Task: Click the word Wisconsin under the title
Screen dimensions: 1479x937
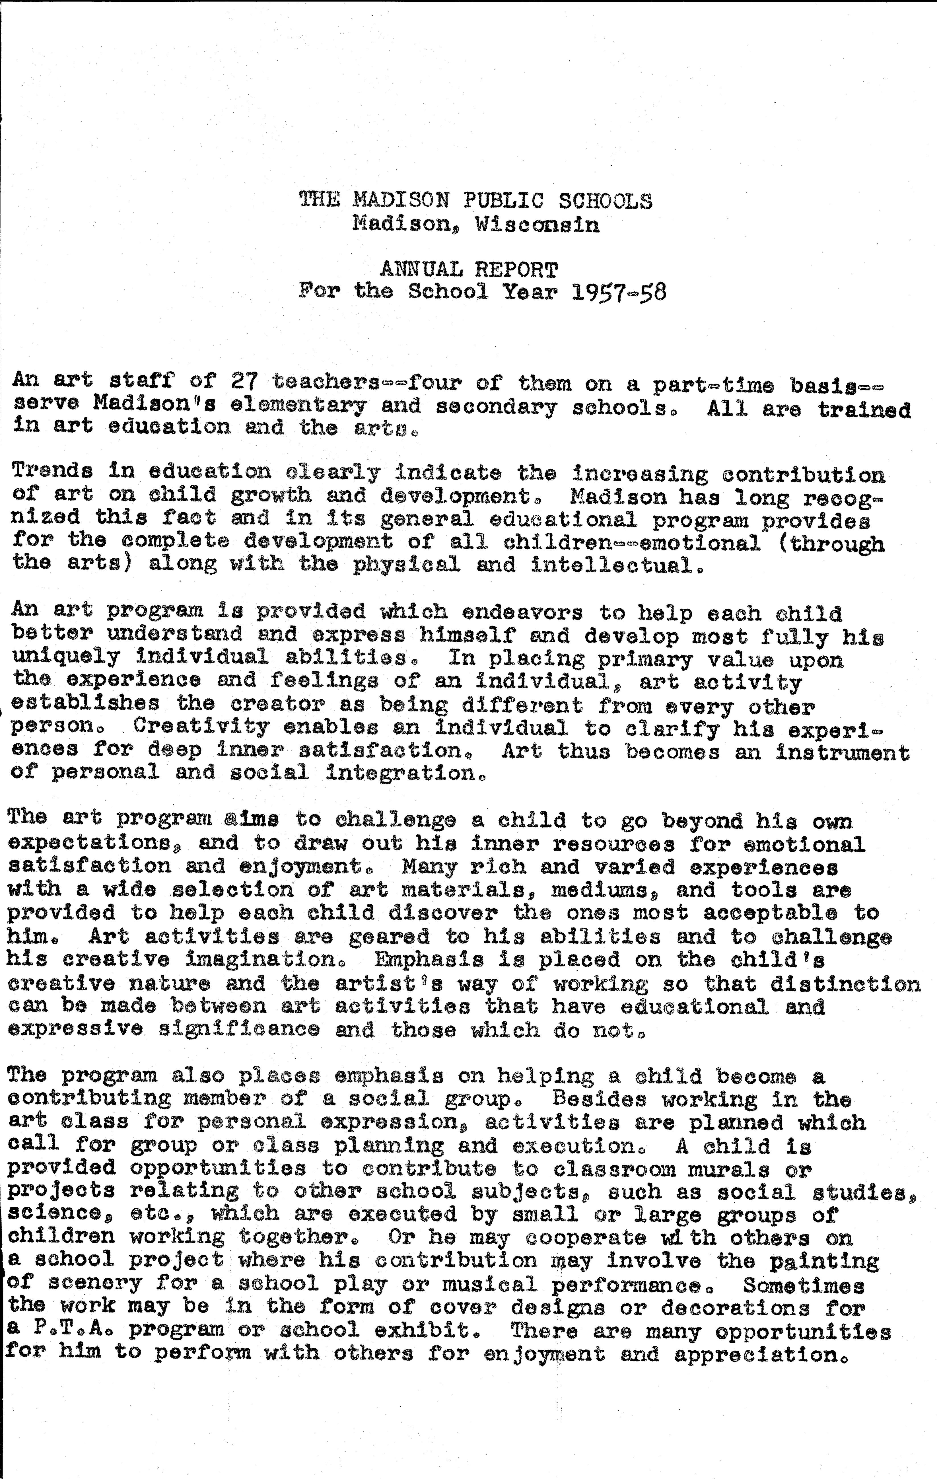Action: [x=537, y=224]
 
